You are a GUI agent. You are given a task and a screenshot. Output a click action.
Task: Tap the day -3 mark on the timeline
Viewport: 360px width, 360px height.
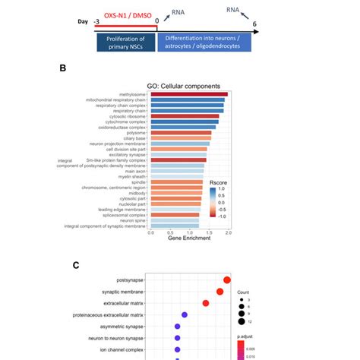tap(96, 23)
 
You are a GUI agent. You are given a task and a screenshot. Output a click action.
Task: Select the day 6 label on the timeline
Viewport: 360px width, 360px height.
tap(254, 24)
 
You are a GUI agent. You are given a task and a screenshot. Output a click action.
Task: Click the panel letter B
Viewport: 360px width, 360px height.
tap(63, 68)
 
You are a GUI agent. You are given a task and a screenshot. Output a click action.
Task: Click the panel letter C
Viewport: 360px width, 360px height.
tap(75, 265)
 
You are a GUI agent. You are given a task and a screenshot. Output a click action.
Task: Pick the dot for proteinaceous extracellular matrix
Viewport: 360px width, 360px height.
tap(185, 314)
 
